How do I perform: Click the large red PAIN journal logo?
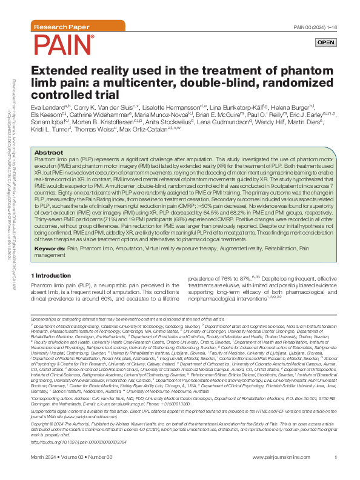pyautogui.click(x=64, y=45)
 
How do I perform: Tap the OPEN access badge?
pyautogui.click(x=325, y=42)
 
